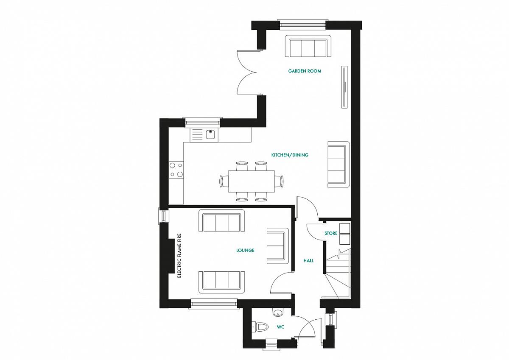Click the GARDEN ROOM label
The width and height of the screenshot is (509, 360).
pyautogui.click(x=305, y=71)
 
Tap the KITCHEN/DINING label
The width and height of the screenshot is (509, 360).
pyautogui.click(x=290, y=155)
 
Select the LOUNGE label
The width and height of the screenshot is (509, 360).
pyautogui.click(x=245, y=250)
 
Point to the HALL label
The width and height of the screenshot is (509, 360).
pyautogui.click(x=308, y=260)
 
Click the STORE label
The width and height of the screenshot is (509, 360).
pyautogui.click(x=331, y=233)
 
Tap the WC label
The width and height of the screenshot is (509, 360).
pyautogui.click(x=280, y=327)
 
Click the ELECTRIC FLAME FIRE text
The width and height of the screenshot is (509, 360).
pyautogui.click(x=179, y=256)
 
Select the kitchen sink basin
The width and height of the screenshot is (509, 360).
pyautogui.click(x=210, y=134)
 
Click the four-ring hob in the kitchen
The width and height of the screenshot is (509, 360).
pyautogui.click(x=176, y=170)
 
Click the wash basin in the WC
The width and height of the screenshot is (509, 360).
pyautogui.click(x=277, y=313)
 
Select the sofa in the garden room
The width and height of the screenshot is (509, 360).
pyautogui.click(x=308, y=46)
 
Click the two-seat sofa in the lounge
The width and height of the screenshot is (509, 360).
pyautogui.click(x=277, y=246)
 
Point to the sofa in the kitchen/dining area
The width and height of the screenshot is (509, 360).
pyautogui.click(x=338, y=164)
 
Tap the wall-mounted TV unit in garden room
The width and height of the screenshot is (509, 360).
pyautogui.click(x=344, y=87)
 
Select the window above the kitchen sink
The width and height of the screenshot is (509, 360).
pyautogui.click(x=203, y=123)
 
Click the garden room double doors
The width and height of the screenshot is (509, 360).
pyautogui.click(x=247, y=72)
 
